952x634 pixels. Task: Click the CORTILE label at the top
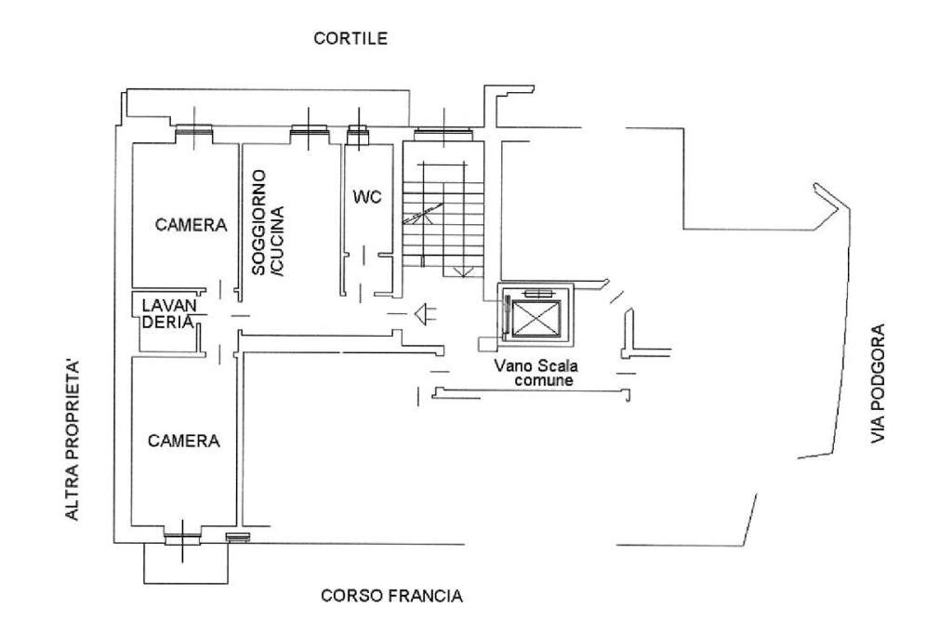click(x=350, y=39)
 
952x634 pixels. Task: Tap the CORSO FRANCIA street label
click(x=391, y=596)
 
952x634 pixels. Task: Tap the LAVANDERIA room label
click(x=168, y=313)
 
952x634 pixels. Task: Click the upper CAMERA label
click(x=191, y=225)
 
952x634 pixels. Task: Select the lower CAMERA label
click(x=184, y=442)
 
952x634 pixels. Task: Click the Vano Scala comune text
click(x=536, y=373)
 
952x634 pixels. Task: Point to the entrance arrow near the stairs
click(x=425, y=315)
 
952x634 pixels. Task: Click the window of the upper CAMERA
click(x=195, y=133)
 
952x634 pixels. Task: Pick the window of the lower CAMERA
click(x=182, y=535)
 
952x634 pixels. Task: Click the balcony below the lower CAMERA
click(x=185, y=562)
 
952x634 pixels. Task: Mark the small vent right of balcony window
click(x=238, y=536)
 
